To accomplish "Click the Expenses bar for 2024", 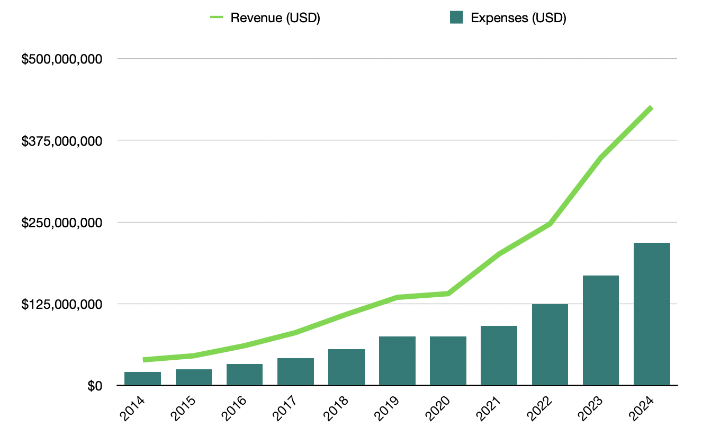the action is pos(652,314).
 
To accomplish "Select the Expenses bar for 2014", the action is pos(142,378).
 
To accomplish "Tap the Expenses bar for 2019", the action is pos(397,361).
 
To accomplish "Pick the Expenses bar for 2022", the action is pos(550,344).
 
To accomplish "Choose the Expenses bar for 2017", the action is pos(295,371).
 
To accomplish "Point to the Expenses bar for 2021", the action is pos(499,356).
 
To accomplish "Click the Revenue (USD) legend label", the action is pos(275,17).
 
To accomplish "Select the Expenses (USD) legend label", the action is pos(518,17).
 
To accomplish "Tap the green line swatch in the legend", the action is pos(217,17).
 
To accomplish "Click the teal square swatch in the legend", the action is pos(456,17).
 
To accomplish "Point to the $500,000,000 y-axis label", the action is pos(62,59).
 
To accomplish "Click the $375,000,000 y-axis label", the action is pos(62,141).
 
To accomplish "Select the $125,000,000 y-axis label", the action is pos(62,304).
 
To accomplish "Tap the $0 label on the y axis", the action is pos(95,386).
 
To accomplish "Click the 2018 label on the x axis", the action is pos(336,409).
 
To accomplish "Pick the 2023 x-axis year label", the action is pos(590,409).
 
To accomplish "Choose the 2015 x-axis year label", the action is pos(183,409).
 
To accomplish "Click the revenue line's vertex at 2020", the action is pos(448,294).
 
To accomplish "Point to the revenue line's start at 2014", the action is pos(143,360).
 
